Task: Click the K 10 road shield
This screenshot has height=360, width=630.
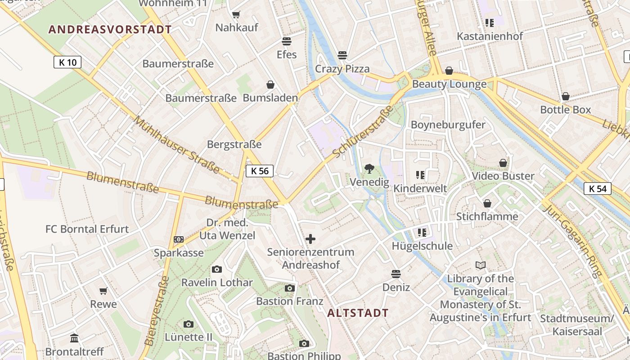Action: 67,62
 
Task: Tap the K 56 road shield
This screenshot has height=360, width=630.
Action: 260,171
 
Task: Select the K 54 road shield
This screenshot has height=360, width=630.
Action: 598,189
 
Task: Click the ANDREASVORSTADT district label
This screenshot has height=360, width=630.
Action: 110,30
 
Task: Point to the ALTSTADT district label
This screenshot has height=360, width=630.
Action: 358,313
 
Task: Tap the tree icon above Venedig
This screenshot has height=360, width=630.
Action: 369,169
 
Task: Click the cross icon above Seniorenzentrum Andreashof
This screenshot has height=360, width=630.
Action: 310,239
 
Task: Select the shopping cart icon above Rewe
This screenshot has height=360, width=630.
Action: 103,291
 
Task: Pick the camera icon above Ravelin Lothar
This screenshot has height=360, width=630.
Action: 217,270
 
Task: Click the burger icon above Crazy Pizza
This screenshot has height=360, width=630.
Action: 342,55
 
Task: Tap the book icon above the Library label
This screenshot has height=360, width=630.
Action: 481,265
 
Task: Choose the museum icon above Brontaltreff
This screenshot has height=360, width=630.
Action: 74,338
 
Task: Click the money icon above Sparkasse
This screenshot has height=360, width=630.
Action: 179,239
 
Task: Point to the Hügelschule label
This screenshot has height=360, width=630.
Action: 422,246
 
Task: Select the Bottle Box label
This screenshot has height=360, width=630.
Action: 565,110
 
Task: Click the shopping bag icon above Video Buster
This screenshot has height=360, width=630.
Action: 503,163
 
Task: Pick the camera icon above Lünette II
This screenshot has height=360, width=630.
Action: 189,324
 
